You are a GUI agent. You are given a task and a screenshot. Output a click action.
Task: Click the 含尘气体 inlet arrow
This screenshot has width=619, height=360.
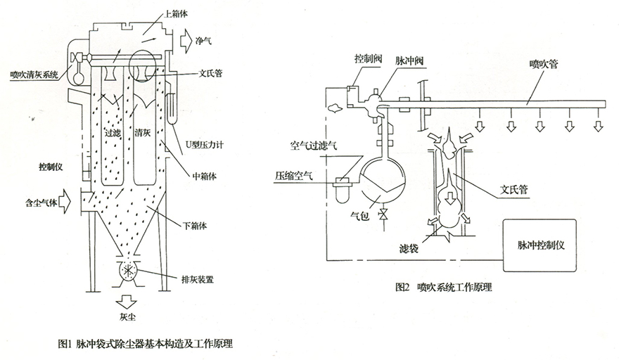pyautogui.click(x=65, y=201)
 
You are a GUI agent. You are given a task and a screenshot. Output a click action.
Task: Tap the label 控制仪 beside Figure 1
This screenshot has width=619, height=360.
pyautogui.click(x=51, y=167)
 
